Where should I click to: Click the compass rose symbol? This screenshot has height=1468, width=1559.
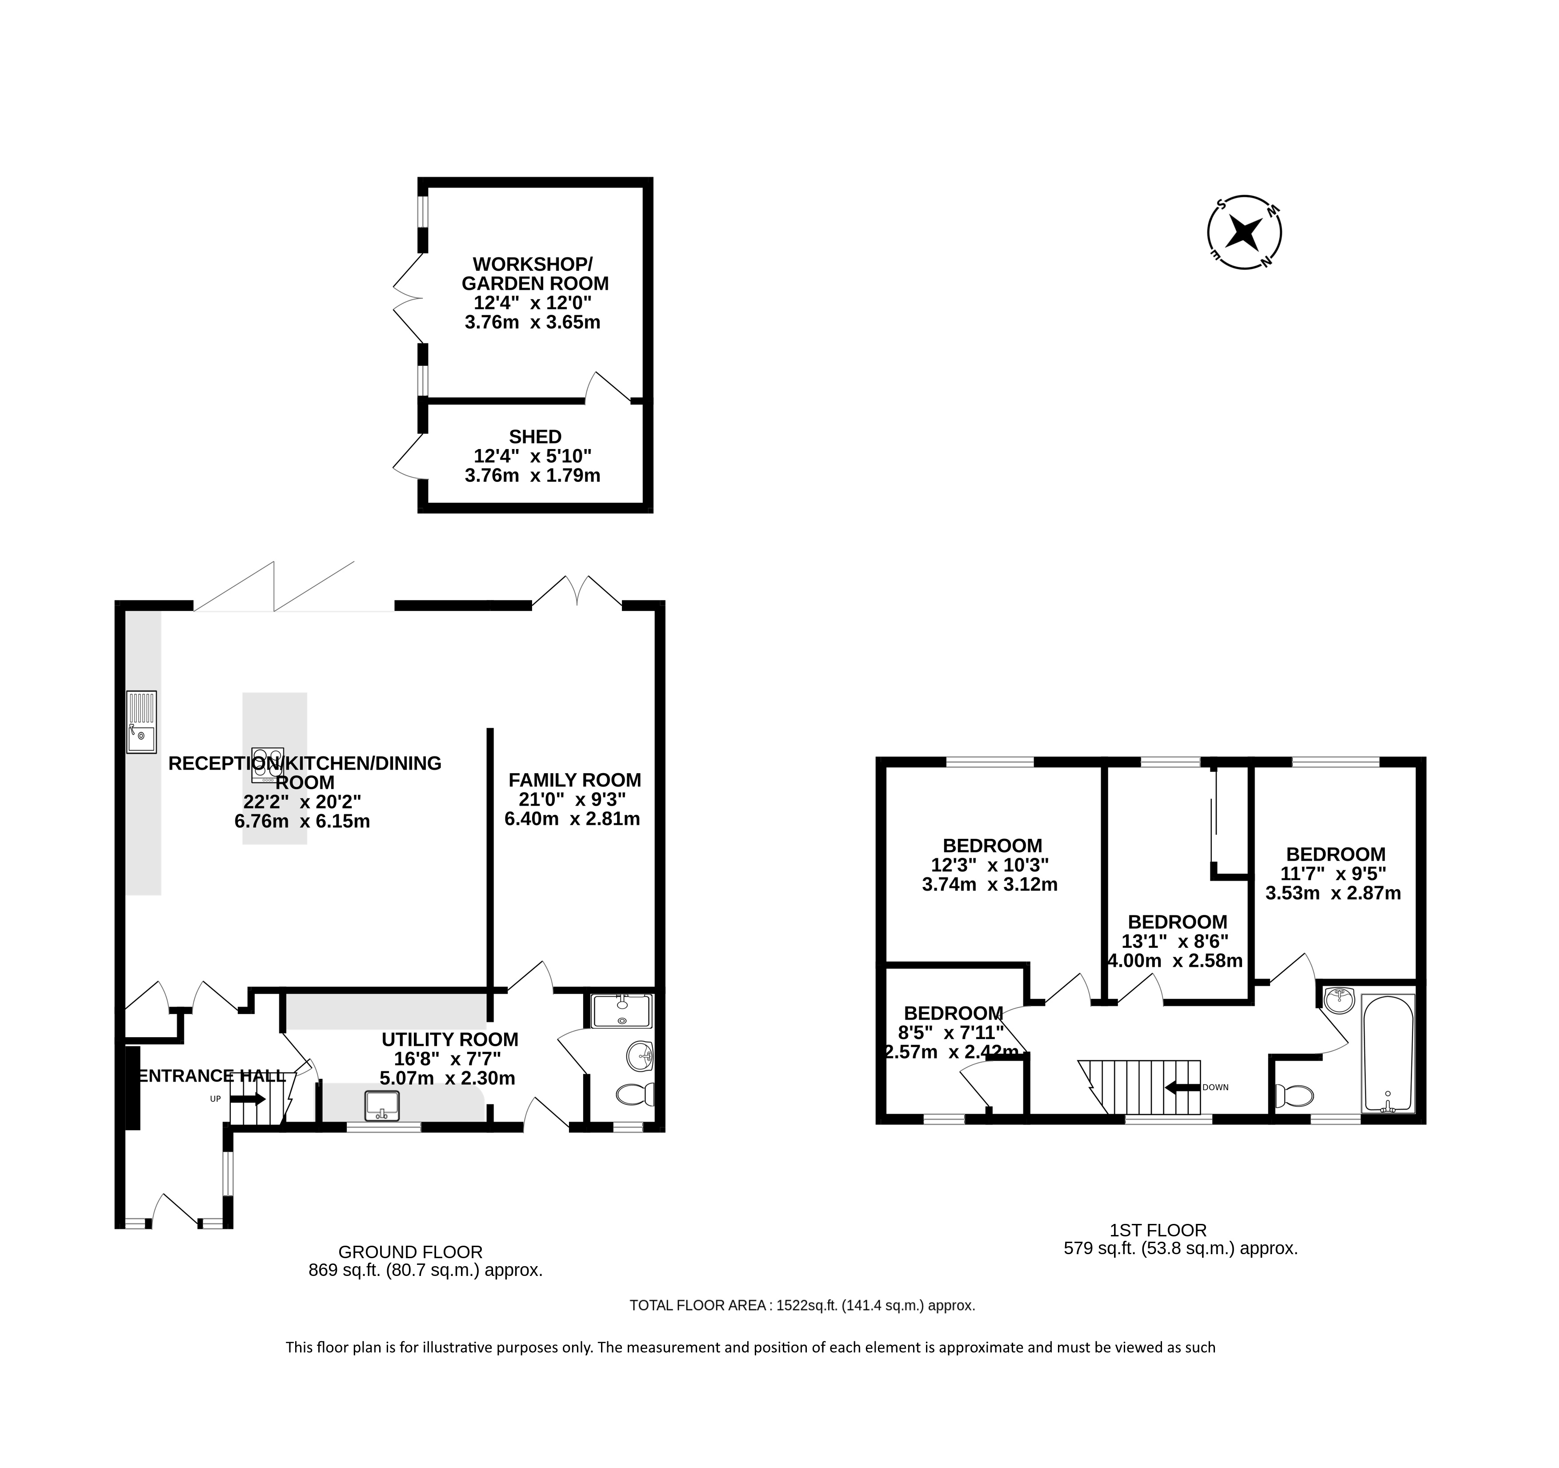[1245, 232]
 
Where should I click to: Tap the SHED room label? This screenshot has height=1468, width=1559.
[535, 437]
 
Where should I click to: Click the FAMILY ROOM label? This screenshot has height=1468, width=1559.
[575, 780]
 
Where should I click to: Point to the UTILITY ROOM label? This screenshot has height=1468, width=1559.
[450, 1040]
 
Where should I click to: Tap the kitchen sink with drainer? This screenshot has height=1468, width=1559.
[142, 722]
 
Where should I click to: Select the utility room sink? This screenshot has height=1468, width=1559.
[382, 1106]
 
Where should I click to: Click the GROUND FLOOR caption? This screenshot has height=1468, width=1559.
[410, 1252]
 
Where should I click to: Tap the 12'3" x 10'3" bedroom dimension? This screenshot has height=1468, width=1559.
[990, 866]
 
